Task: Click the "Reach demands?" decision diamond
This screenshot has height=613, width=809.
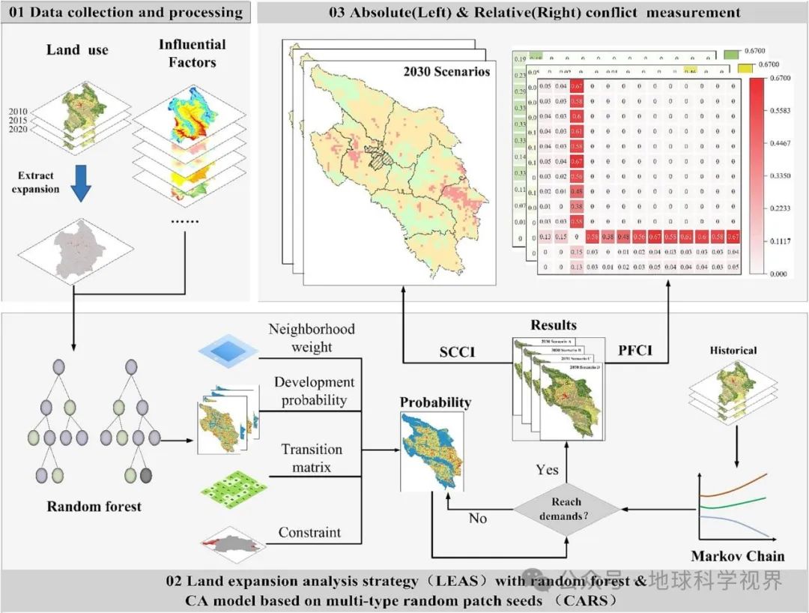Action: pyautogui.click(x=566, y=509)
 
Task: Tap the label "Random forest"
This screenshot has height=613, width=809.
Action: pyautogui.click(x=94, y=507)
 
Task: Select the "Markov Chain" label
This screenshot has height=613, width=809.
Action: pyautogui.click(x=737, y=556)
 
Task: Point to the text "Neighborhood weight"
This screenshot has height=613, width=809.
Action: pyautogui.click(x=311, y=338)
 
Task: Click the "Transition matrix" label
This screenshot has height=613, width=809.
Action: pyautogui.click(x=312, y=458)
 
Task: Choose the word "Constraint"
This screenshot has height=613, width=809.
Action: pyautogui.click(x=309, y=533)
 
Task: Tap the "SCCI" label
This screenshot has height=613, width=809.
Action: pyautogui.click(x=457, y=352)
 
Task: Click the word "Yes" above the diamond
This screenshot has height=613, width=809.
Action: pyautogui.click(x=547, y=469)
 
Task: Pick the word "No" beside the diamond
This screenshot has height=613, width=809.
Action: pyautogui.click(x=478, y=519)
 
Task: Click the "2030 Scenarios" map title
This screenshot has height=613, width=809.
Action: pyautogui.click(x=446, y=72)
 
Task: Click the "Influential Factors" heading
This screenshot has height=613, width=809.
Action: pyautogui.click(x=193, y=53)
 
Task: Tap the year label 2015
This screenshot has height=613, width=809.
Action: pyautogui.click(x=19, y=121)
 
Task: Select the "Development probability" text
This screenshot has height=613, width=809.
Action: pyautogui.click(x=314, y=391)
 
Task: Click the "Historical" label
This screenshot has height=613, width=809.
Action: pyautogui.click(x=732, y=350)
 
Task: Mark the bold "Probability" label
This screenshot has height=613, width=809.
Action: pyautogui.click(x=435, y=402)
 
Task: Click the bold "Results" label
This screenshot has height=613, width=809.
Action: pyautogui.click(x=554, y=325)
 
